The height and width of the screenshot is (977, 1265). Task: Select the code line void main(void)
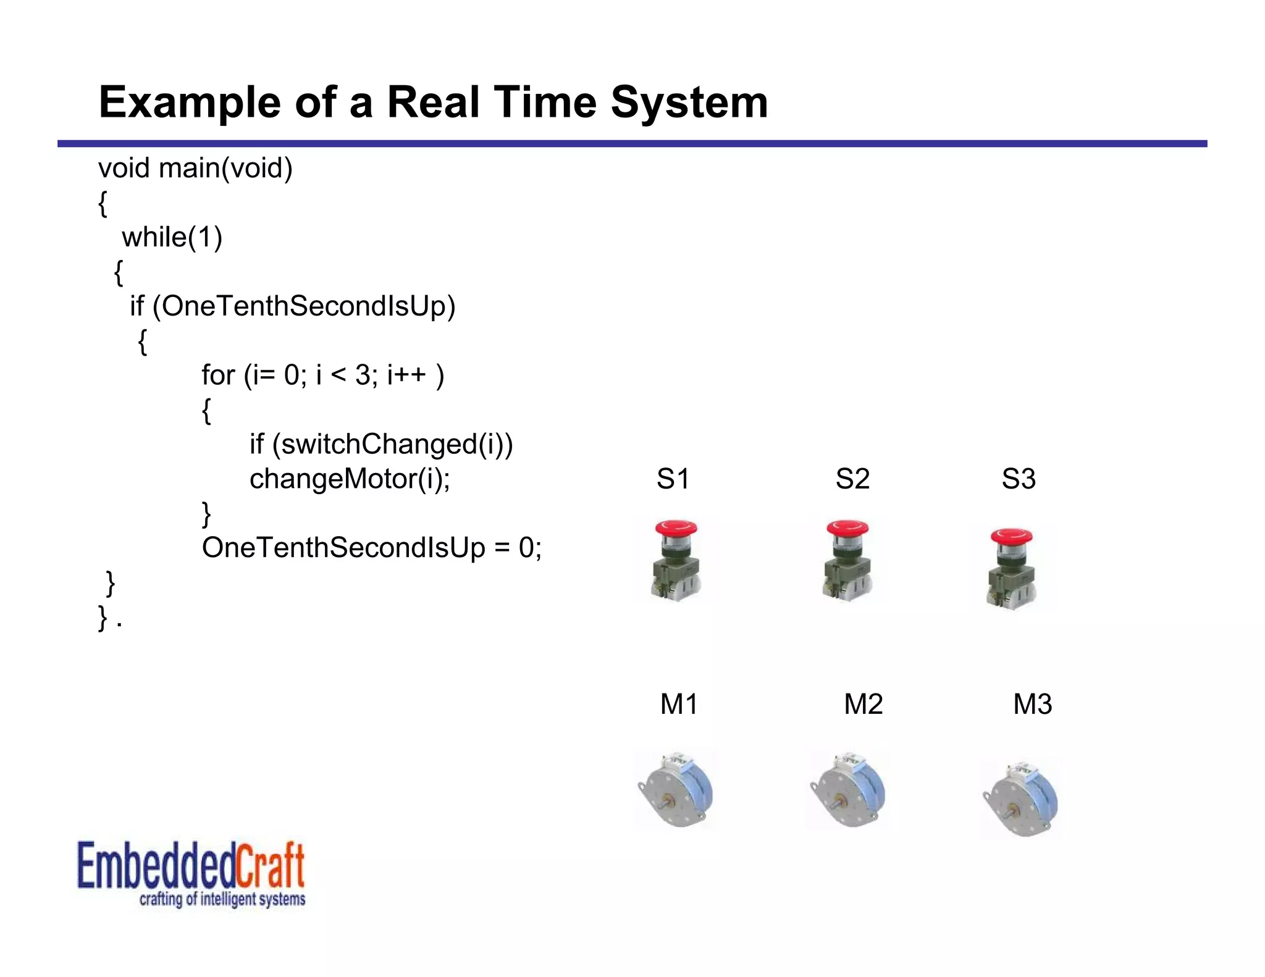click(195, 168)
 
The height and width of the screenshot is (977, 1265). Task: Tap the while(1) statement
click(172, 237)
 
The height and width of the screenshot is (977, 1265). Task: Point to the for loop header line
click(322, 375)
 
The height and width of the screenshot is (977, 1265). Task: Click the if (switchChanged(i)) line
click(380, 444)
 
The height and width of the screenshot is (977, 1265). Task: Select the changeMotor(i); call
click(350, 479)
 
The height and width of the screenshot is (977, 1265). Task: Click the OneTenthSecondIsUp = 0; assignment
click(371, 548)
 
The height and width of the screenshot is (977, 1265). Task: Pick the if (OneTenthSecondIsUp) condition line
click(292, 306)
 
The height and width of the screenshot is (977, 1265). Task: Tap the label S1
click(673, 479)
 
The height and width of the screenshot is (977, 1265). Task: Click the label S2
click(852, 479)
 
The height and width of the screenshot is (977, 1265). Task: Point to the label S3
click(1019, 479)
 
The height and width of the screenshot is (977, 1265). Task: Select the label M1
click(679, 704)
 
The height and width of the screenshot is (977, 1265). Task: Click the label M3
click(1032, 704)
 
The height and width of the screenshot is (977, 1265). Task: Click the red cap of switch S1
click(676, 529)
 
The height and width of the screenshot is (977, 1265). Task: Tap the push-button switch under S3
click(1012, 568)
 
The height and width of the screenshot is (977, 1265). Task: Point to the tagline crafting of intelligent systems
click(222, 899)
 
